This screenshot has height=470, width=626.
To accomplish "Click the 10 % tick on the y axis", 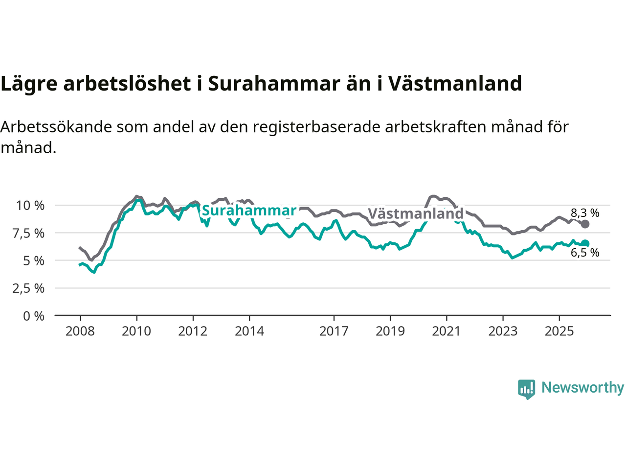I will (x=30, y=206).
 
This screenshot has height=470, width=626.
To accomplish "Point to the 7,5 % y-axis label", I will (x=29, y=234).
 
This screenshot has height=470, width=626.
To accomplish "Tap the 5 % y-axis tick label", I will (x=34, y=261).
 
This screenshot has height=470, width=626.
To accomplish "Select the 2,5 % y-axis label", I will (x=29, y=288).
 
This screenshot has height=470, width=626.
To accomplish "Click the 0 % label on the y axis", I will (x=34, y=316).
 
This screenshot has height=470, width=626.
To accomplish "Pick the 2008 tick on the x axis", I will (x=80, y=331).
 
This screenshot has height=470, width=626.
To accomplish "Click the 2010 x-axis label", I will (x=136, y=331).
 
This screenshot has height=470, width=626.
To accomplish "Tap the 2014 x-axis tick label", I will (x=249, y=331).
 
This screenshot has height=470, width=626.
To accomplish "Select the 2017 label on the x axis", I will (x=334, y=331).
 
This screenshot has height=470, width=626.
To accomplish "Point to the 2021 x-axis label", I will (x=447, y=331).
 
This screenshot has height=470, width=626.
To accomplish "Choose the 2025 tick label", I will (x=559, y=331).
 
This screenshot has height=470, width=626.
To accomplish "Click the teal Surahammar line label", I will (x=249, y=211).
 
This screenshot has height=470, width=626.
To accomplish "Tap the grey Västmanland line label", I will (x=416, y=214).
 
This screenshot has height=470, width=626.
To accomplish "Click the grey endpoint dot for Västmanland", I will (x=585, y=224).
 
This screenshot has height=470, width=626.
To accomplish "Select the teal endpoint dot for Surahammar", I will (x=585, y=243).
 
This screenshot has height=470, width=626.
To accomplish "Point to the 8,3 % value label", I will (x=585, y=213).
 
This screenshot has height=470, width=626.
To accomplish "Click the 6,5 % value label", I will (x=585, y=253).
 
